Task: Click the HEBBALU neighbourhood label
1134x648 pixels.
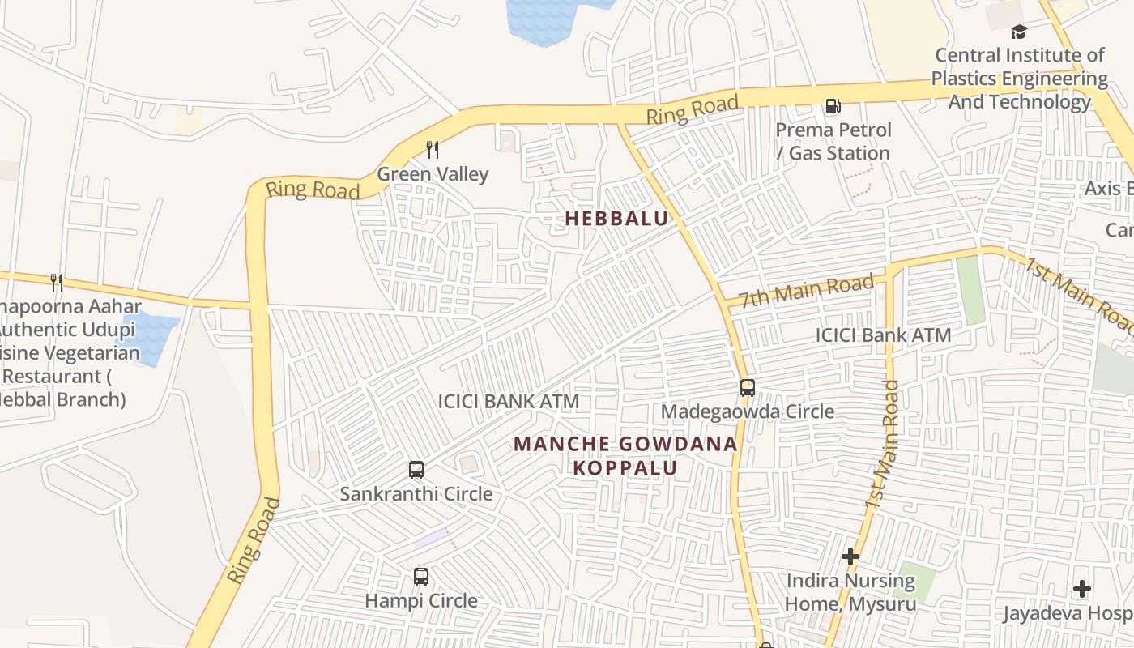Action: pyautogui.click(x=616, y=219)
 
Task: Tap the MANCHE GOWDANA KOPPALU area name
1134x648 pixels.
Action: pyautogui.click(x=625, y=455)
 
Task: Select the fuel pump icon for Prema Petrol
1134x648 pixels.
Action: pyautogui.click(x=833, y=106)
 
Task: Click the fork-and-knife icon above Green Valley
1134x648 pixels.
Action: pyautogui.click(x=433, y=150)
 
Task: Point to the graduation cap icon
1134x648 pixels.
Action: pyautogui.click(x=1019, y=32)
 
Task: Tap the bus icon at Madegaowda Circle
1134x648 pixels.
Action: pyautogui.click(x=747, y=388)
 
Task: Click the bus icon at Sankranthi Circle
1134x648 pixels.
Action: pyautogui.click(x=416, y=470)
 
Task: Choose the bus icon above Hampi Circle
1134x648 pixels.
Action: pyautogui.click(x=421, y=577)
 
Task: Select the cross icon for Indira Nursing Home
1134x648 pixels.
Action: pyautogui.click(x=850, y=556)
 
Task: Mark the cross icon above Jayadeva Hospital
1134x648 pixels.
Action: pyautogui.click(x=1081, y=589)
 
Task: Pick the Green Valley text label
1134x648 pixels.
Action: pyautogui.click(x=433, y=174)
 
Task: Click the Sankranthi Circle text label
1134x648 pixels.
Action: pyautogui.click(x=416, y=494)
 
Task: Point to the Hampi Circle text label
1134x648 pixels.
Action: pyautogui.click(x=420, y=601)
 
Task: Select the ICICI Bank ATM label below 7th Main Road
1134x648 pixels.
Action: pyautogui.click(x=883, y=335)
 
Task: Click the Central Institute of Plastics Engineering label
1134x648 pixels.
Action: pyautogui.click(x=1019, y=79)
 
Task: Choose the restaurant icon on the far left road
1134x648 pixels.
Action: pyautogui.click(x=57, y=282)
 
